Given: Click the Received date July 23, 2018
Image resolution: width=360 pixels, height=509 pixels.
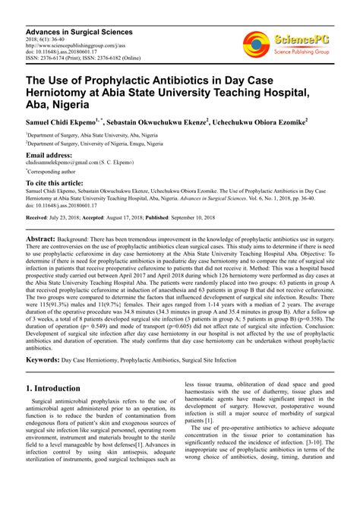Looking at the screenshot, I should click(x=70, y=217).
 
